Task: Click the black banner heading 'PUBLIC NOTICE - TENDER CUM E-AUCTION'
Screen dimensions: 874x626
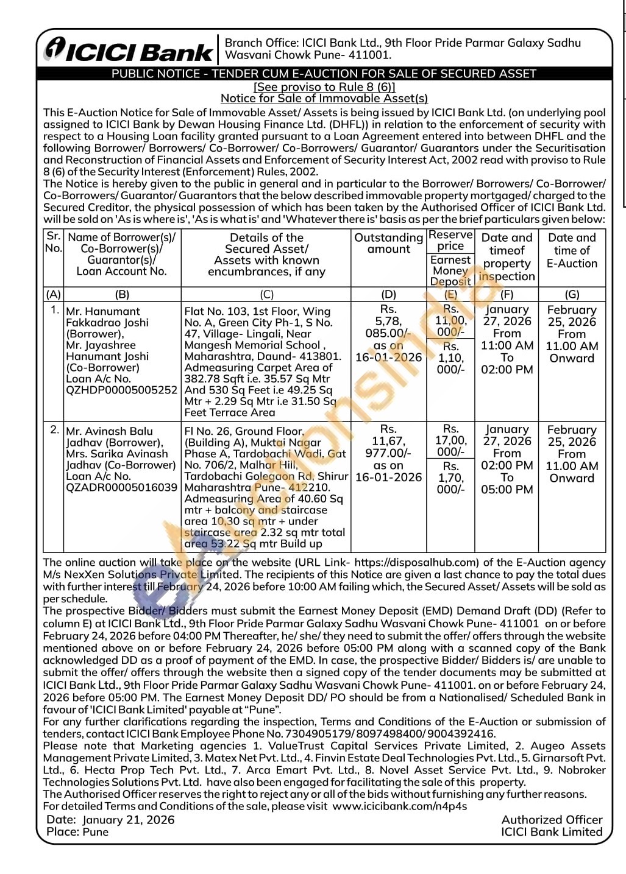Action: pyautogui.click(x=324, y=74)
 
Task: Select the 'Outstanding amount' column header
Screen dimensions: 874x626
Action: pyautogui.click(x=388, y=243)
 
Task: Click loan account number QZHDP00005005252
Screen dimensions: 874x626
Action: pyautogui.click(x=121, y=390)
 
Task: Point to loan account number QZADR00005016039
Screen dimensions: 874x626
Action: pyautogui.click(x=121, y=487)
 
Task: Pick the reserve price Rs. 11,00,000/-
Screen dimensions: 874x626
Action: pyautogui.click(x=450, y=320)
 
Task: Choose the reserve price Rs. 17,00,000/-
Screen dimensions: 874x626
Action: pyautogui.click(x=450, y=440)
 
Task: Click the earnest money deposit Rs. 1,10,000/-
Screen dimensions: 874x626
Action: pyautogui.click(x=450, y=358)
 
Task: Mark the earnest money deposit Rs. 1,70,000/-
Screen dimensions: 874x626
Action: pyautogui.click(x=450, y=478)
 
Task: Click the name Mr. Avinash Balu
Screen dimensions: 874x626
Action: pyautogui.click(x=110, y=431)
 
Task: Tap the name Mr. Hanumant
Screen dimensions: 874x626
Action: pyautogui.click(x=103, y=311)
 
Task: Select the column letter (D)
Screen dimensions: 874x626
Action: pyautogui.click(x=388, y=294)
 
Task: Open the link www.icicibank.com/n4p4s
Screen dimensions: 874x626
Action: pyautogui.click(x=400, y=806)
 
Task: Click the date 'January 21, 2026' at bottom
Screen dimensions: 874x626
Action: pyautogui.click(x=128, y=820)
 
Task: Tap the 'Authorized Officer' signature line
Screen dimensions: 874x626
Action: pyautogui.click(x=552, y=820)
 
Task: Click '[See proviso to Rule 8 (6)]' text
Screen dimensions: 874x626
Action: pyautogui.click(x=324, y=86)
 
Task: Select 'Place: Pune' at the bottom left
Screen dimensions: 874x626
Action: pyautogui.click(x=77, y=832)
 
